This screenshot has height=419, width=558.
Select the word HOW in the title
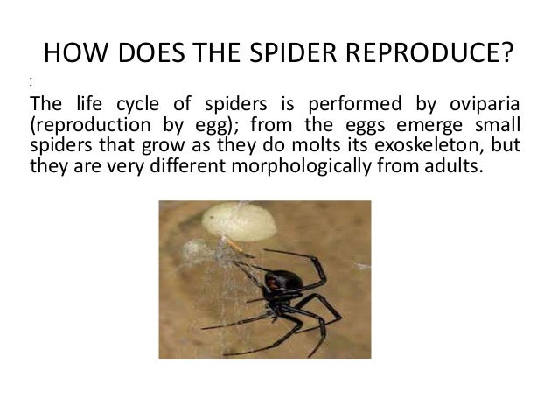click(x=73, y=56)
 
